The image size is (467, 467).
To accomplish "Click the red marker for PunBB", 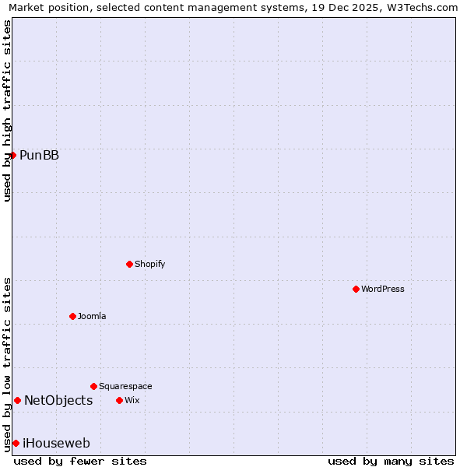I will tap(13, 155).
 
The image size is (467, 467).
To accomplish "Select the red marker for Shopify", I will tap(129, 264).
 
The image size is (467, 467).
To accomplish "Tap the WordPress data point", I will tap(356, 289).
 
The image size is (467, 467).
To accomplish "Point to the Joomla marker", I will tap(72, 316).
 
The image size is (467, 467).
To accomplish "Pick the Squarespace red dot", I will tap(93, 386).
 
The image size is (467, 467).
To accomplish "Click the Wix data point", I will tap(119, 400).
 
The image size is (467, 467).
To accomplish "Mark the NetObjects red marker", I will tap(17, 400).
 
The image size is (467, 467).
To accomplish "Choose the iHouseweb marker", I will tap(16, 443).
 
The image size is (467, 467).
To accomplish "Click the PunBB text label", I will tap(39, 155).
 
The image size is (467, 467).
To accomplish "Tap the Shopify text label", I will tap(149, 264).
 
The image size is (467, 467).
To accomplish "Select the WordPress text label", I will tap(382, 289).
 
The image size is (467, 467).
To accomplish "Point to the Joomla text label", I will tap(92, 316).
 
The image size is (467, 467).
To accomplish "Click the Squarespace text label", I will tap(125, 386).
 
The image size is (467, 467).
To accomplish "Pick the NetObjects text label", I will tap(58, 400).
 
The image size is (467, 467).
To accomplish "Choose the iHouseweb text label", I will tap(56, 443).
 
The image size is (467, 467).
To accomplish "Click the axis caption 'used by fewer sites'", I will tap(80, 461).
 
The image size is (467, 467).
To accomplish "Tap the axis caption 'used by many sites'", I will tap(391, 461).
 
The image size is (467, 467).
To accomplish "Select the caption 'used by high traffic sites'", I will tap(7, 111).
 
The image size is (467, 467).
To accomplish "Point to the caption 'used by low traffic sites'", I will tap(7, 363).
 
